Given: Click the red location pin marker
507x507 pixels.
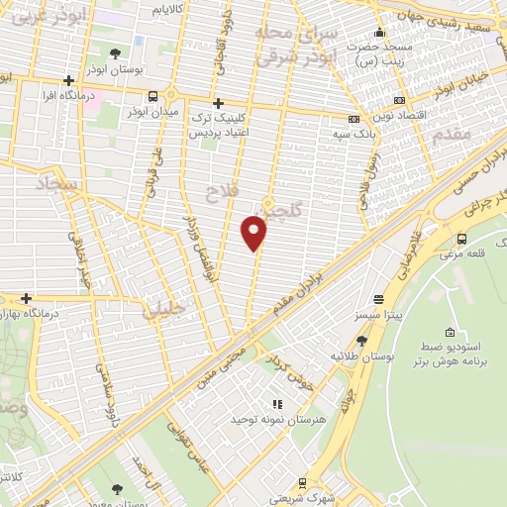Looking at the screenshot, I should tap(254, 233).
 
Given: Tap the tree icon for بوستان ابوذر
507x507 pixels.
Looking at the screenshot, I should tap(116, 54).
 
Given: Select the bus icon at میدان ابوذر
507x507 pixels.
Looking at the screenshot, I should tap(152, 96).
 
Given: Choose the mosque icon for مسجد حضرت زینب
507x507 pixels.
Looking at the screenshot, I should tap(377, 31).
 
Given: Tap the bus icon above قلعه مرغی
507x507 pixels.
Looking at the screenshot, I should tap(462, 238).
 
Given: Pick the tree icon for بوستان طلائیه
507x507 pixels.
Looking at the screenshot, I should tap(360, 340).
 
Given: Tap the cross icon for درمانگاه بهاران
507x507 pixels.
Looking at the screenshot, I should tap(27, 298).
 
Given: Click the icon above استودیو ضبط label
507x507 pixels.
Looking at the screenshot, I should tap(451, 331).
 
